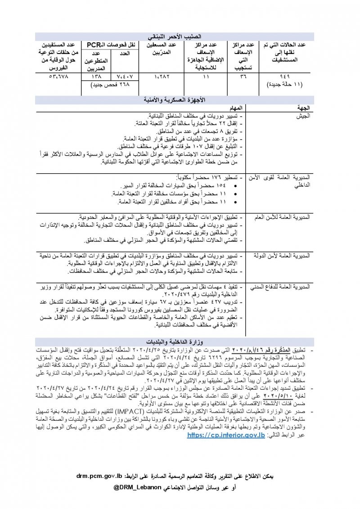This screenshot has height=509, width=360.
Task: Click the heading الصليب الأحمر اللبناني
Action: click(x=180, y=36)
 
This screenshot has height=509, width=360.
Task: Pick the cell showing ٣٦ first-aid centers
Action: click(x=244, y=77)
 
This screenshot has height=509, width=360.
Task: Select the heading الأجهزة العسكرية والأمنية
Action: click(x=180, y=99)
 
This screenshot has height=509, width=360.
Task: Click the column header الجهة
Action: click(x=301, y=108)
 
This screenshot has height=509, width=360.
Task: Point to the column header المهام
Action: click(x=236, y=108)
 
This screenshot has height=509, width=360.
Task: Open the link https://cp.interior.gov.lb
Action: click(x=225, y=435)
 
